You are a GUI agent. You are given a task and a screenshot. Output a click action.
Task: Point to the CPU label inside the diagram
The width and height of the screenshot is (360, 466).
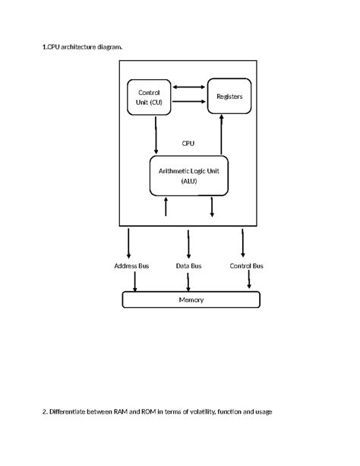(x=188, y=143)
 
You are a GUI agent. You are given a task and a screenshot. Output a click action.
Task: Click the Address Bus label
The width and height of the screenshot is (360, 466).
(x=131, y=266)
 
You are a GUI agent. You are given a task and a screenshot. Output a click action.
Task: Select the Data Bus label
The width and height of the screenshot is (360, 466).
(x=188, y=266)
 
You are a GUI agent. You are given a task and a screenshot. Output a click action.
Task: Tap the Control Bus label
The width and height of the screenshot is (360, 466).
(x=247, y=266)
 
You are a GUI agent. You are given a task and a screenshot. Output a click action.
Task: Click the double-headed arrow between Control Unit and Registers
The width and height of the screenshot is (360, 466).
(x=189, y=87)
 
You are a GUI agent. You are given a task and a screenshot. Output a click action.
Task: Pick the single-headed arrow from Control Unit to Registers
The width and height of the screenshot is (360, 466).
(x=189, y=101)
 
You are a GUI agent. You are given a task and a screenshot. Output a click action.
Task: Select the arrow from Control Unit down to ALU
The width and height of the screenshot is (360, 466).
(x=156, y=135)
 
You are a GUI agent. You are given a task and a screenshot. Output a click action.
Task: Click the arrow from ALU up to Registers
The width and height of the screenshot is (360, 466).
(x=221, y=135)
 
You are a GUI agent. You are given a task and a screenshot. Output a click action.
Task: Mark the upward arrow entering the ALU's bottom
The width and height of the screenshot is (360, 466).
(x=166, y=206)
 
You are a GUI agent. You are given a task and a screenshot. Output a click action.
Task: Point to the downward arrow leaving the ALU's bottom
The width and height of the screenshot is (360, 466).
(x=212, y=207)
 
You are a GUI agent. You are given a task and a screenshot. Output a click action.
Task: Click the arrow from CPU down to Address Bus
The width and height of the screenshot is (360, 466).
(x=128, y=243)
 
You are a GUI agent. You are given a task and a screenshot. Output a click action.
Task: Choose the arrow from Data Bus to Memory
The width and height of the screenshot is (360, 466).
(x=188, y=282)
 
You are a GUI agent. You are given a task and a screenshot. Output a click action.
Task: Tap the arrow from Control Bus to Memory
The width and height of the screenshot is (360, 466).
(x=249, y=279)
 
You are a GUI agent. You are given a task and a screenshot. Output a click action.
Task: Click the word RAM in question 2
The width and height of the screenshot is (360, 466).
(x=120, y=411)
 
